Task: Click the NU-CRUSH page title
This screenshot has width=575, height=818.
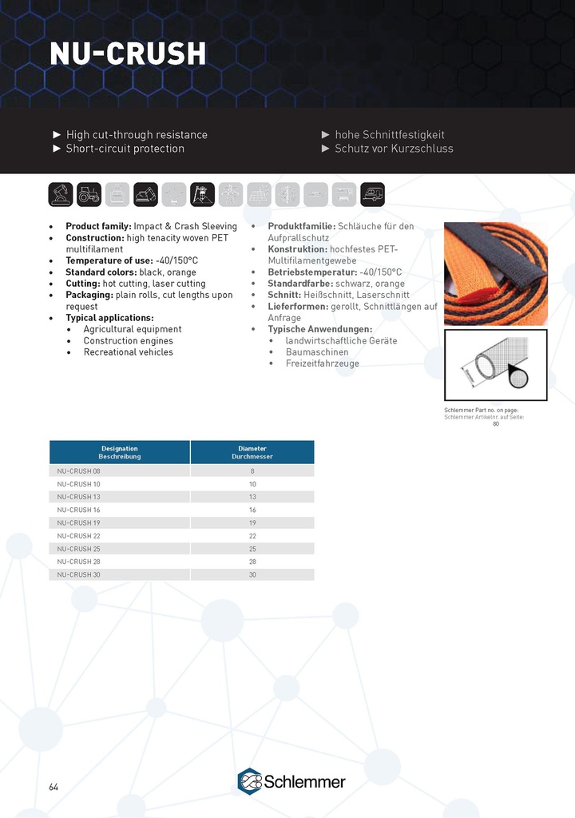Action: click(x=128, y=54)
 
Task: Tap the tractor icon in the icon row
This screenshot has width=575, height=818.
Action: click(x=89, y=194)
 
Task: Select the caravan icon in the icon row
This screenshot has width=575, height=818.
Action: click(x=372, y=194)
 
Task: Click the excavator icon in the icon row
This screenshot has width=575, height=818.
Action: click(x=145, y=194)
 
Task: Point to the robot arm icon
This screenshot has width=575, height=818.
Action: click(x=61, y=194)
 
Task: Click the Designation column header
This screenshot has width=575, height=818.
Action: click(x=120, y=452)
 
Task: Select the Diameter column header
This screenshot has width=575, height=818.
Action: click(x=252, y=452)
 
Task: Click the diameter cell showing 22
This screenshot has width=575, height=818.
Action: click(x=252, y=536)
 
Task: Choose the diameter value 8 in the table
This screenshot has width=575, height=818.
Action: click(x=252, y=471)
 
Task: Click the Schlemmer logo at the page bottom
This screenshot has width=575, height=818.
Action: click(x=291, y=781)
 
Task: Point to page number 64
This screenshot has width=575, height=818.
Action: click(x=54, y=787)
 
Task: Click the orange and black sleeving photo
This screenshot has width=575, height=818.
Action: click(x=495, y=273)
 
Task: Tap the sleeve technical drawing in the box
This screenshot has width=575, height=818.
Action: click(x=495, y=364)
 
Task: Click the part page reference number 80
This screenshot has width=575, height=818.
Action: click(x=495, y=423)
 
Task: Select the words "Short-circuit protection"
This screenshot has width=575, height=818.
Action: click(x=125, y=149)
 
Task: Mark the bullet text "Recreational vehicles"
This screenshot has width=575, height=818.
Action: click(x=129, y=352)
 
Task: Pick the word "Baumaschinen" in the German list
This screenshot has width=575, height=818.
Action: click(x=317, y=352)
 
